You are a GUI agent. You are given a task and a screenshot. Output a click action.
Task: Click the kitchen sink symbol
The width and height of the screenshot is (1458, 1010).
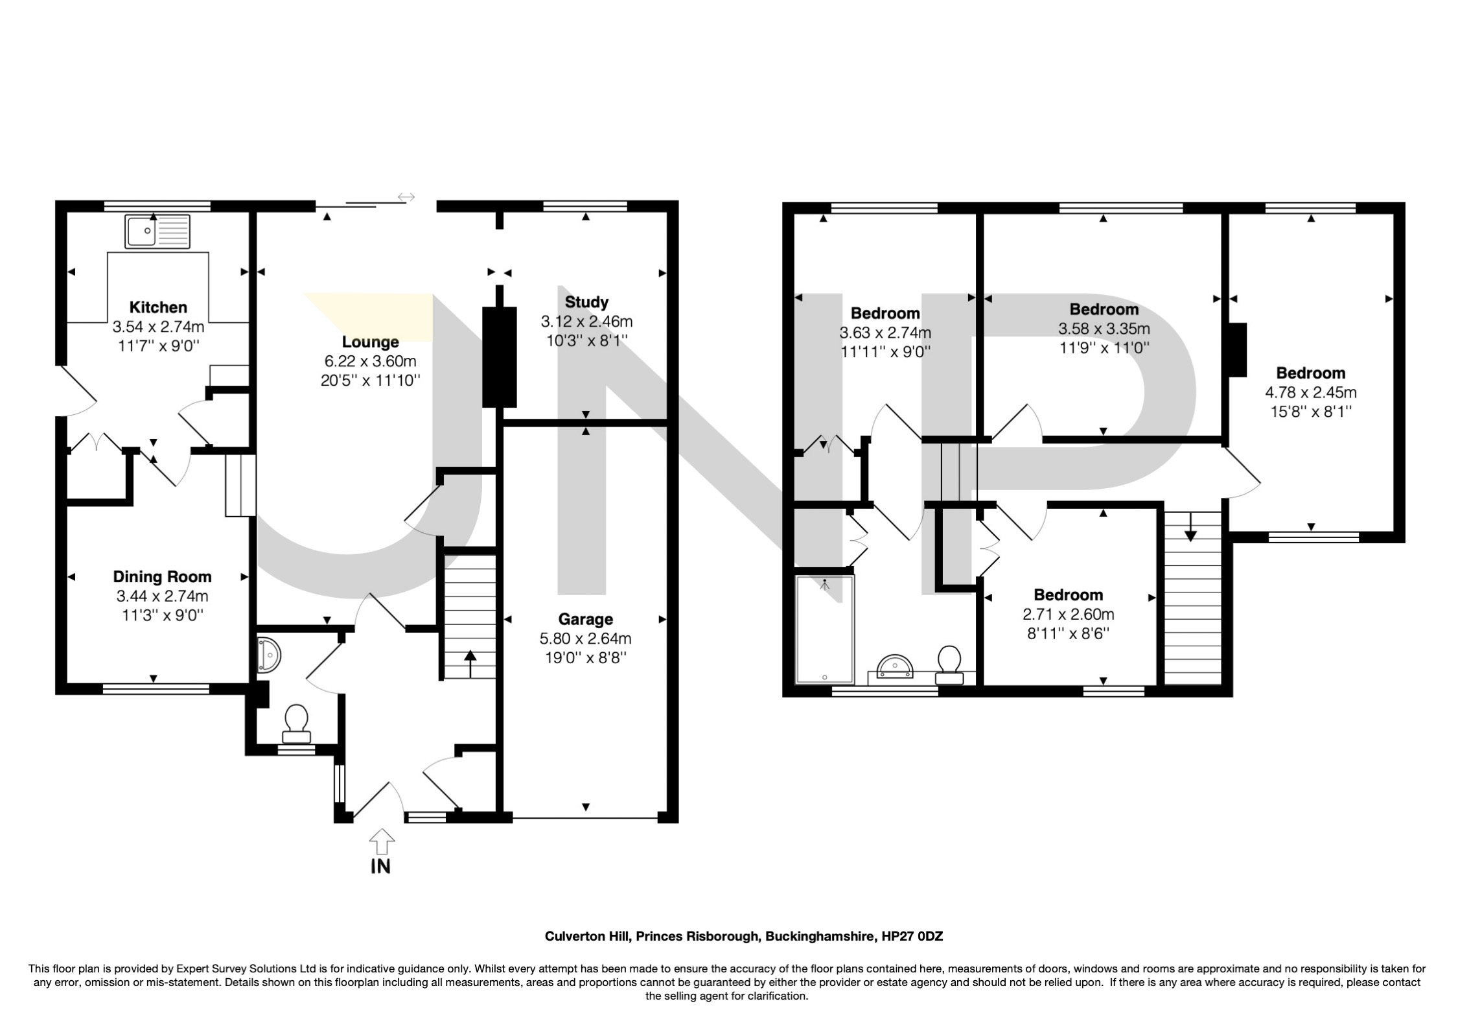pos(159,231)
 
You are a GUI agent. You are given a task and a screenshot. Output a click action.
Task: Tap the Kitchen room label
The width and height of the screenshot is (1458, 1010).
pos(158,307)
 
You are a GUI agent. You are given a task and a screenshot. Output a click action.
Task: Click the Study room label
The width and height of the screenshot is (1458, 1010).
pos(586,302)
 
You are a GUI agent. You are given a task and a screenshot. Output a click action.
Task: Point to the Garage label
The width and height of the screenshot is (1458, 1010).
pos(585,619)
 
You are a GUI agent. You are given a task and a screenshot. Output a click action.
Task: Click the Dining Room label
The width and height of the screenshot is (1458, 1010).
pos(162,576)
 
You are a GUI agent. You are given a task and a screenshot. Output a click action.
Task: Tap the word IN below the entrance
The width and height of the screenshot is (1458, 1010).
pos(381,866)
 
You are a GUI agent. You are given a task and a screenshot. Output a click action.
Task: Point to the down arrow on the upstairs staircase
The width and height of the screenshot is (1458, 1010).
pos(1190,526)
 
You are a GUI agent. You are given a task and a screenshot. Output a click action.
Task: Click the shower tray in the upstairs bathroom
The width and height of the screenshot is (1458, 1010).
pos(825,629)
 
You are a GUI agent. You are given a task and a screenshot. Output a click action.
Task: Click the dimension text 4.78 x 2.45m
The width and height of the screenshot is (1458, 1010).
pos(1311,392)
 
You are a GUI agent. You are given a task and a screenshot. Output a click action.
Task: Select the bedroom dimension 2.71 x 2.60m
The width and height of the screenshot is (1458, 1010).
pos(1069,614)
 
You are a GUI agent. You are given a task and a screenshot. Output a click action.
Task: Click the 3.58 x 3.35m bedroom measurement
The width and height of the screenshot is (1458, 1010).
pos(1104,329)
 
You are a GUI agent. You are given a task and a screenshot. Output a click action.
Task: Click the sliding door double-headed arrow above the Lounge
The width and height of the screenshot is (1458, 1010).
pos(406,196)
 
